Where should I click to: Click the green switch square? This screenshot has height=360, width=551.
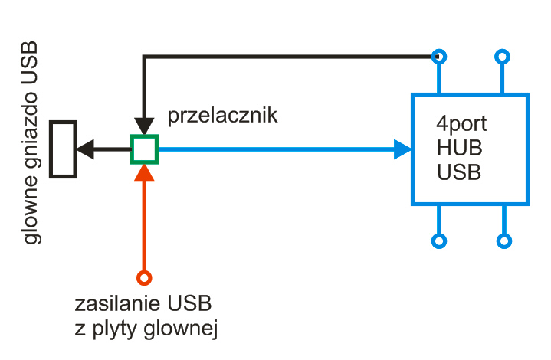(x=144, y=136)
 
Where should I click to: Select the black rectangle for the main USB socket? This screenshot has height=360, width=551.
(x=51, y=149)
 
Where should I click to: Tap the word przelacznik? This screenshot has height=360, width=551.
(x=222, y=116)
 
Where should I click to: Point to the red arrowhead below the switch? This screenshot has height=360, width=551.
(x=144, y=173)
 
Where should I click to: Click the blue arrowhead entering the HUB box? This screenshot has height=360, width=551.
(x=402, y=149)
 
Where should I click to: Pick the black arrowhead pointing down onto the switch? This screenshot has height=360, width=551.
(x=144, y=126)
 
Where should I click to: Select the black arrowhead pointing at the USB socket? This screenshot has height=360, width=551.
(x=85, y=149)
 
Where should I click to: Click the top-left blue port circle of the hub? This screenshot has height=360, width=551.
(x=439, y=50)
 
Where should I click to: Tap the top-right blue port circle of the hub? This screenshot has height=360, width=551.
(x=502, y=50)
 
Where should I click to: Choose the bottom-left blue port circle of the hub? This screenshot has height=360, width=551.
(x=439, y=234)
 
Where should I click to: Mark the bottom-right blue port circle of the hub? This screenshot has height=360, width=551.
(x=504, y=234)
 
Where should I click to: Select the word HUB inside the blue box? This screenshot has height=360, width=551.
(x=459, y=148)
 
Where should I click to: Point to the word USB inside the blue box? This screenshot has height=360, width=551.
(x=459, y=172)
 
